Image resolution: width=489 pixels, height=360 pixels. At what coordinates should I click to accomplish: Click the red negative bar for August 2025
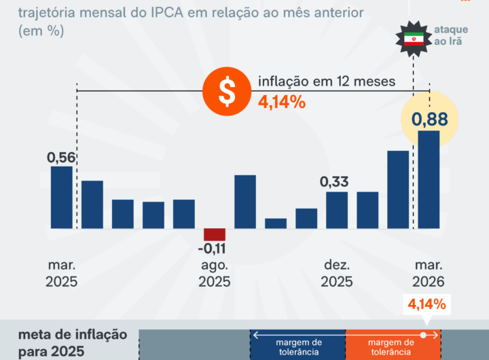tap(215, 234)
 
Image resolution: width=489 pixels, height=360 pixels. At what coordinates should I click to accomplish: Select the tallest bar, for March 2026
tap(429, 179)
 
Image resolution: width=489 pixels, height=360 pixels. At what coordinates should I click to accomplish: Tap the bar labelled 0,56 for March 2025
tap(62, 197)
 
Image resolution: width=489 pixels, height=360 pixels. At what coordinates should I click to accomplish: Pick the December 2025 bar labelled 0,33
tap(337, 210)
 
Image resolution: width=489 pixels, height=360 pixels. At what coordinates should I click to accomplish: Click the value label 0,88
tap(429, 120)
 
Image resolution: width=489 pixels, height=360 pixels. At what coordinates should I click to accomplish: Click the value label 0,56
tap(61, 158)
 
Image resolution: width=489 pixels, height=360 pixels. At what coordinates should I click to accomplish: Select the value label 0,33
tap(335, 182)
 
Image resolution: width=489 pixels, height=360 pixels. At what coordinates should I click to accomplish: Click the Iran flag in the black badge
tap(414, 39)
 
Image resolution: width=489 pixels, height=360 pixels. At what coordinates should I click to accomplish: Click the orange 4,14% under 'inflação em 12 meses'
tap(281, 103)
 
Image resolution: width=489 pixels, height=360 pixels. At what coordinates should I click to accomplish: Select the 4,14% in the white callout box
tap(427, 304)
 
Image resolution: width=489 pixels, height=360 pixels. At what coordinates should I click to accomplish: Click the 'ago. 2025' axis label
tap(215, 273)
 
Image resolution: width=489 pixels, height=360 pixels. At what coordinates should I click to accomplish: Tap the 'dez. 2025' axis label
tap(337, 273)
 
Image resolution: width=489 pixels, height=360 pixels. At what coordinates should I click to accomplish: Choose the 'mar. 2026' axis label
tap(428, 273)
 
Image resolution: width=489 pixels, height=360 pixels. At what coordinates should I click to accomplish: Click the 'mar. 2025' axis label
tap(62, 273)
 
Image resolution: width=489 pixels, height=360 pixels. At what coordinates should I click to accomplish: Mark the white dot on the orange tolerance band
tap(423, 335)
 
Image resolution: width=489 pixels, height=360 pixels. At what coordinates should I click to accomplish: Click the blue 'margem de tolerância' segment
tap(299, 344)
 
